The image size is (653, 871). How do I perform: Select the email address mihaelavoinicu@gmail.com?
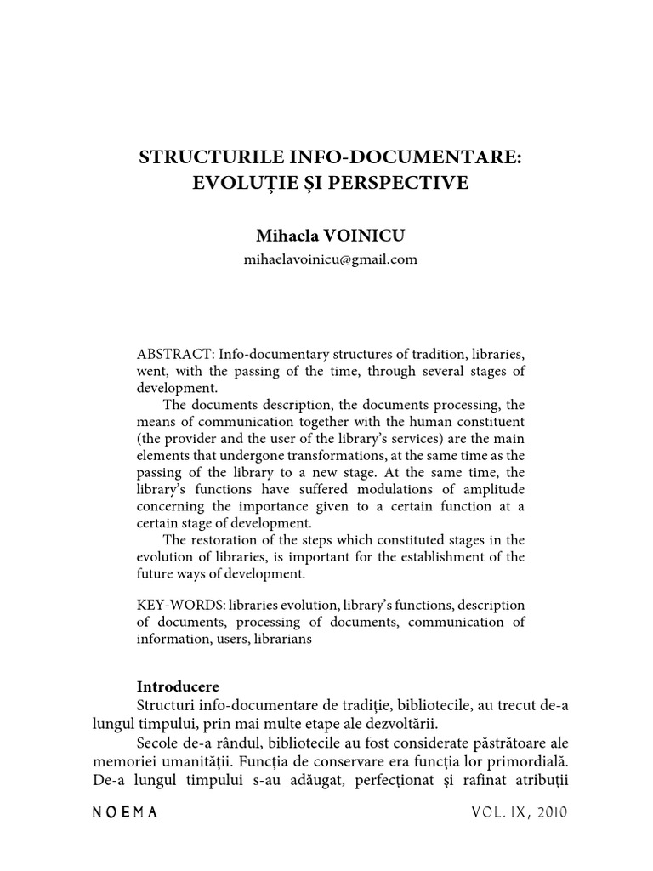click(331, 259)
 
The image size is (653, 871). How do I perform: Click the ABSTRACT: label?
click(170, 353)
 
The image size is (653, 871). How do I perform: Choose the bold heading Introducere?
click(178, 686)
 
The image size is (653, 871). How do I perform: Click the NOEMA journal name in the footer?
click(124, 813)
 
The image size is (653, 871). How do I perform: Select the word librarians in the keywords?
click(283, 640)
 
